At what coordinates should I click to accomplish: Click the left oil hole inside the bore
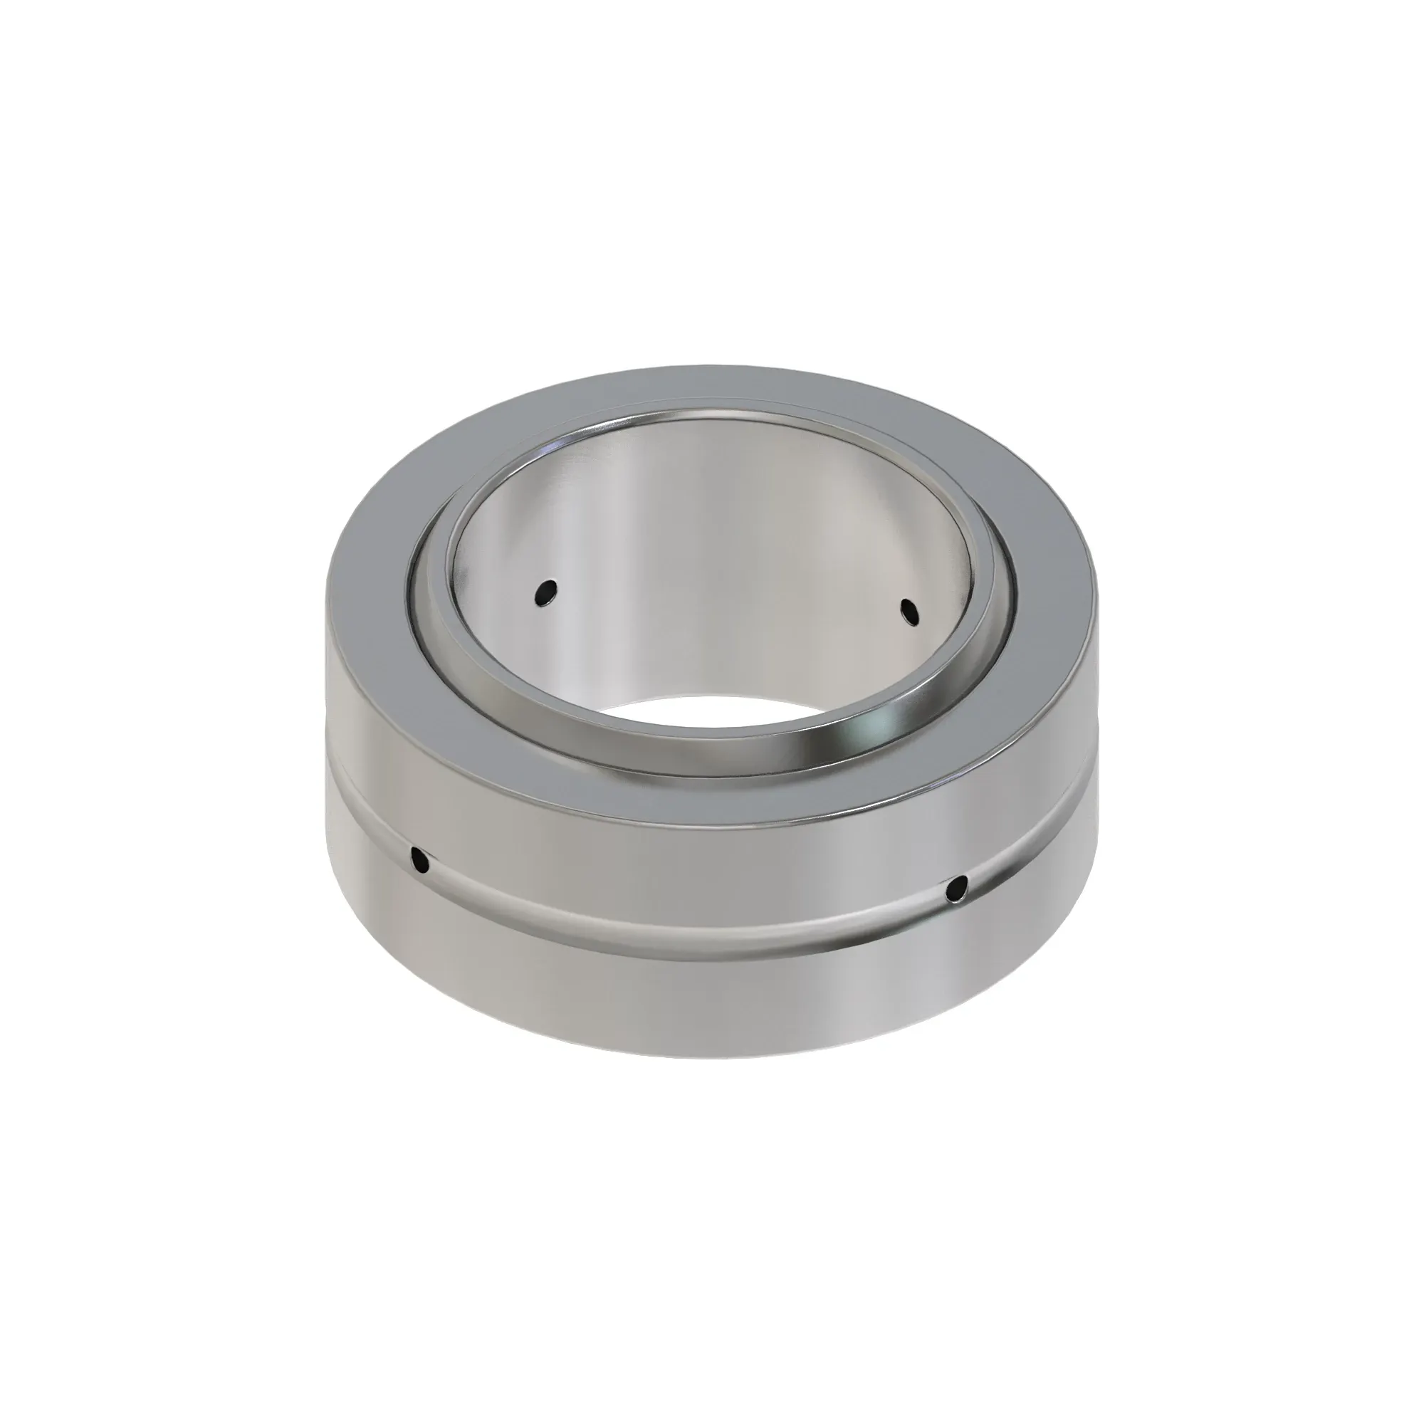pos(546,592)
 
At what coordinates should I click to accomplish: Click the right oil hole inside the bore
pos(911,610)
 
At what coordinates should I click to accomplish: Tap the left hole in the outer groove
pos(420,859)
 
